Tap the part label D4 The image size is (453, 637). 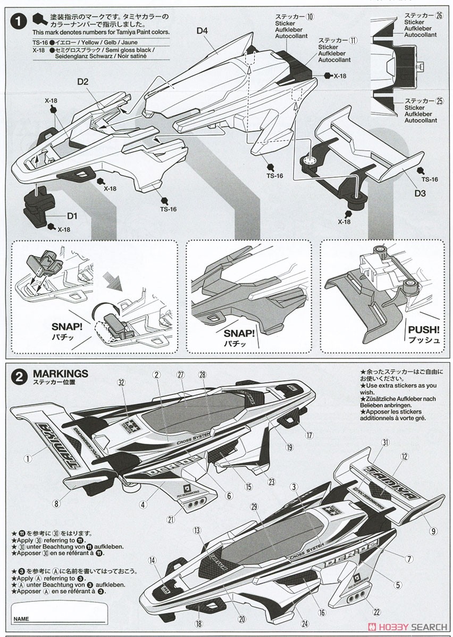202,31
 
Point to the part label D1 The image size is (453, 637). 72,216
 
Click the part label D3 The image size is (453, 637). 420,194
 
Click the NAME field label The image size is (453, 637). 21,619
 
